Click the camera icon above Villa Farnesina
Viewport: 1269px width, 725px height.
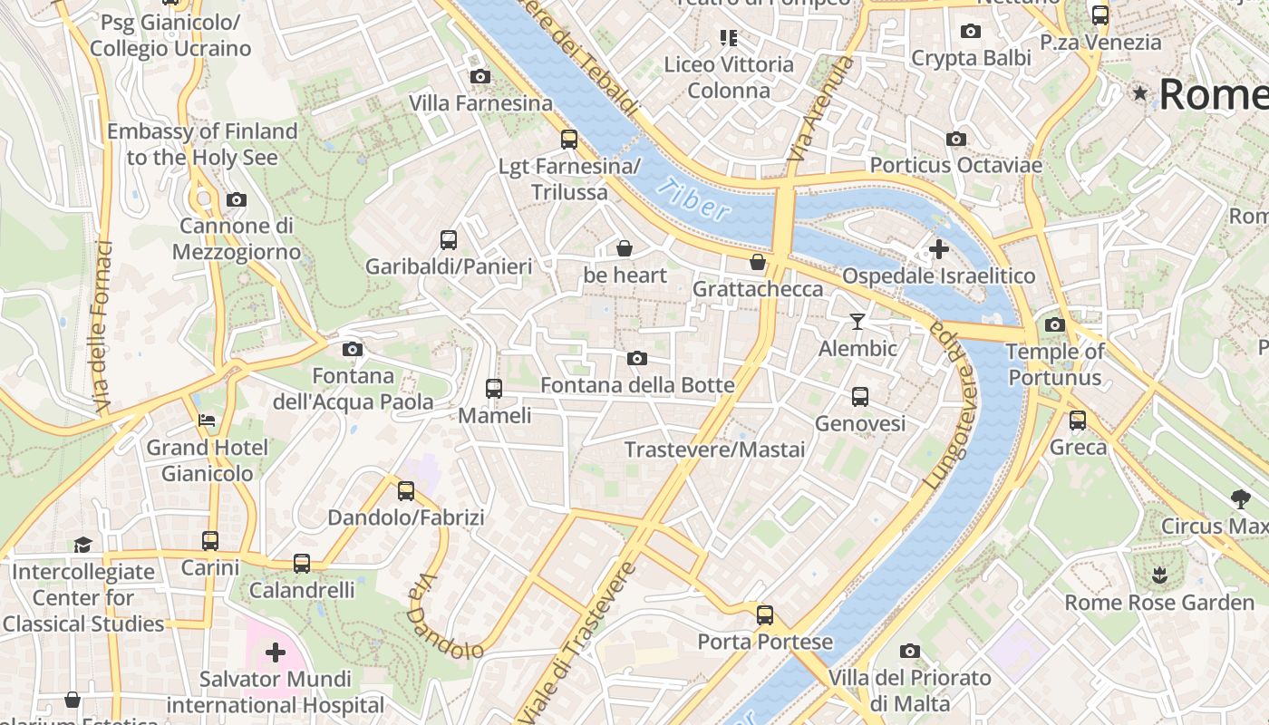(480, 77)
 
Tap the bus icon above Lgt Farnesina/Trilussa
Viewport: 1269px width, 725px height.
(569, 140)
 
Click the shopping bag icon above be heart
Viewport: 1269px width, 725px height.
(625, 248)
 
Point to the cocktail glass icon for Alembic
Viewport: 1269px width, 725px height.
(857, 322)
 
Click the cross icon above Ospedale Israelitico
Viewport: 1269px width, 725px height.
(939, 248)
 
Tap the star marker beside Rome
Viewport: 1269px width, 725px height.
(1139, 93)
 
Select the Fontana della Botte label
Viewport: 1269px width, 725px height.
(637, 385)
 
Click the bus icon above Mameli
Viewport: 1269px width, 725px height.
(494, 389)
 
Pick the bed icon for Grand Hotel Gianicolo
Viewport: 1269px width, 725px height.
(208, 420)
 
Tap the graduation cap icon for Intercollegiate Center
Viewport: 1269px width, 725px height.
(83, 545)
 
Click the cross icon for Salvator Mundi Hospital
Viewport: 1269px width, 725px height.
(276, 652)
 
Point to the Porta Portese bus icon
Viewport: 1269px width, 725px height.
(765, 615)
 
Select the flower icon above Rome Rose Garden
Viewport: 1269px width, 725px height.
(1159, 575)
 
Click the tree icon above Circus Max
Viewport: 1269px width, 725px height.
(1240, 498)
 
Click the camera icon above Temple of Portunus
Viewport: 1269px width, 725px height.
(1055, 325)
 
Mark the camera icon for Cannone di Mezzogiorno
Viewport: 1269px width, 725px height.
(237, 199)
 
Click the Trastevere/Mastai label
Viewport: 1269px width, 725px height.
(714, 449)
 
